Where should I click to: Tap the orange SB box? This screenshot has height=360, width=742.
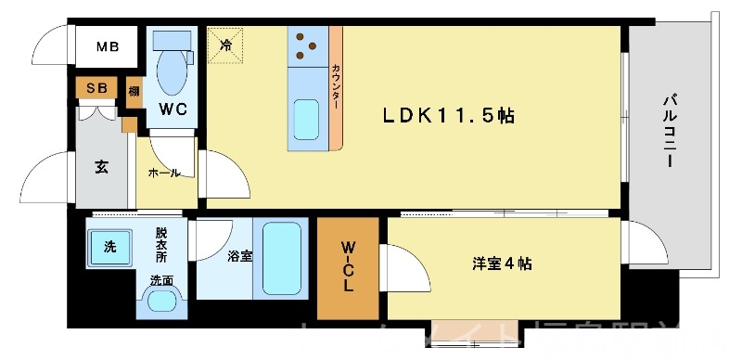96,88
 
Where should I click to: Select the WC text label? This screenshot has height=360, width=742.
173,109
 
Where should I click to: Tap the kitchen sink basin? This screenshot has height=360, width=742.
308,119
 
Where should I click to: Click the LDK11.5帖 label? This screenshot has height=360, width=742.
450,116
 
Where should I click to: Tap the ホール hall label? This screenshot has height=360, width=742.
164,173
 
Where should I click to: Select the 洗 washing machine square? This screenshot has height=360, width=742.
109,247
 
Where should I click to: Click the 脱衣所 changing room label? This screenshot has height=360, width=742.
163,245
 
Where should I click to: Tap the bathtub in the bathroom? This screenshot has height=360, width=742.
280,259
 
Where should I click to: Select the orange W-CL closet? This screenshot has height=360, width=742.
347,267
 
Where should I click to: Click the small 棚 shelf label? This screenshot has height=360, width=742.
134,90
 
